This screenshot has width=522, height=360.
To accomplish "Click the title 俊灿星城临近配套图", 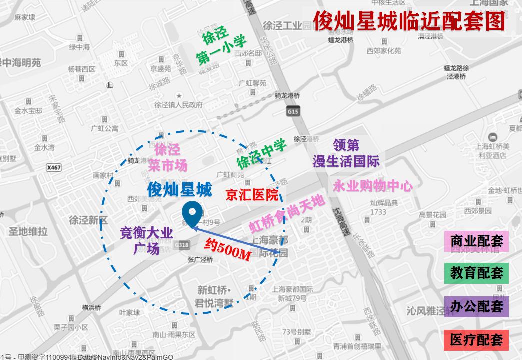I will point(409,21).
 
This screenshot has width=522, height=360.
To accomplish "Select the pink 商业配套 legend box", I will point(476,241).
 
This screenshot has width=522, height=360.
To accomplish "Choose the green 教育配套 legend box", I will point(476,273).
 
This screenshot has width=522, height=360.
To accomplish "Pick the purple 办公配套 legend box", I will point(476,306).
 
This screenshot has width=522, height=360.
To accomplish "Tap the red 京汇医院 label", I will point(252,195).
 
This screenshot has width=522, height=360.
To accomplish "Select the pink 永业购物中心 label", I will point(372,186).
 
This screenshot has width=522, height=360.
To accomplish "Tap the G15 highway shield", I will point(293,112).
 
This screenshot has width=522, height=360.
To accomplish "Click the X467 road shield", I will point(53,168).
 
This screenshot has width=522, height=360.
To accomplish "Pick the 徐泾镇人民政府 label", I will point(178,105).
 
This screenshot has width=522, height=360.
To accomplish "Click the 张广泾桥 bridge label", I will point(200,259).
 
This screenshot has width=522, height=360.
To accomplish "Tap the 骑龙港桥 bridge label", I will point(287,95).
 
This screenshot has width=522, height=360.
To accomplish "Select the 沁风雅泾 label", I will point(430,311).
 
